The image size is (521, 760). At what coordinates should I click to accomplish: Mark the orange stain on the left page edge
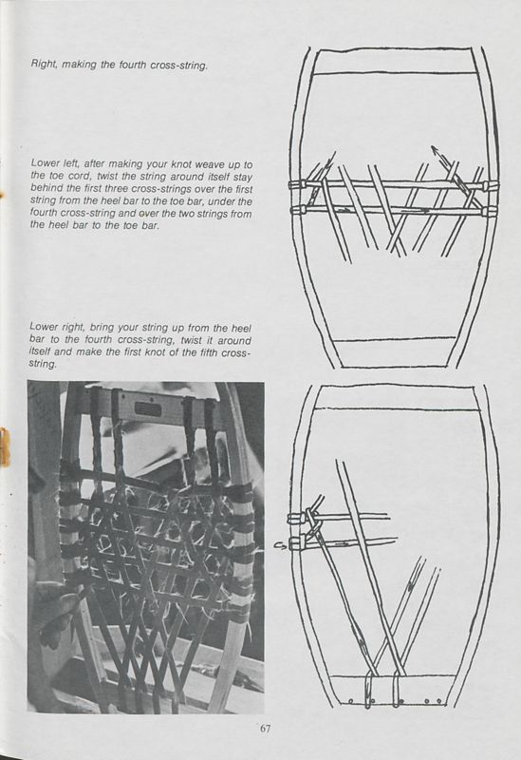tap(5, 446)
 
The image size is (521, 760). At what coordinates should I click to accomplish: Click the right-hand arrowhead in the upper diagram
tap(435, 149)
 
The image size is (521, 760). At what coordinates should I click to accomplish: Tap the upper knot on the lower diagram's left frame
tap(298, 518)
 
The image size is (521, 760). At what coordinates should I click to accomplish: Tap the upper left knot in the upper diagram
tap(297, 183)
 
